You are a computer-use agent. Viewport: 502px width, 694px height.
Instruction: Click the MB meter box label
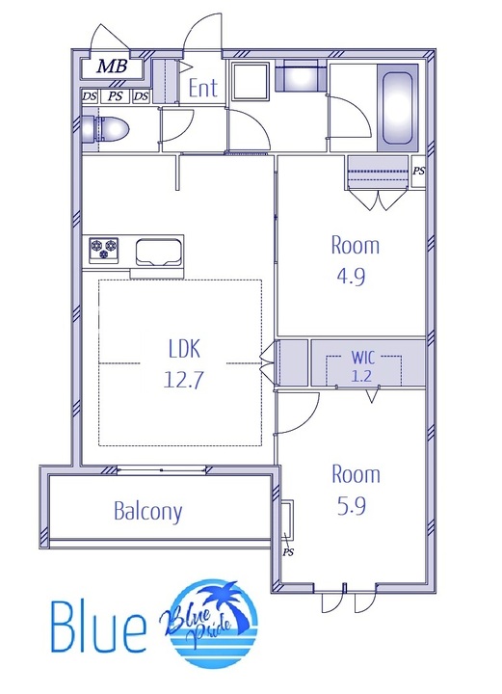pos(113,67)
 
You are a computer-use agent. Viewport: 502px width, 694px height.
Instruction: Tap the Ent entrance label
pos(203,88)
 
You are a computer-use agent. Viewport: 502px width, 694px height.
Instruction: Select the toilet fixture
pos(105,130)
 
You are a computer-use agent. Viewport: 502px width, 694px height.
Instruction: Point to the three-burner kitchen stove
pos(104,249)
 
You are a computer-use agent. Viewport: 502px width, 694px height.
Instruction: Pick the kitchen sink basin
pos(158,253)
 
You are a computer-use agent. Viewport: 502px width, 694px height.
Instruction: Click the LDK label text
pos(184,348)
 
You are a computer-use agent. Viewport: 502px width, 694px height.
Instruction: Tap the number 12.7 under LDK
pos(183,380)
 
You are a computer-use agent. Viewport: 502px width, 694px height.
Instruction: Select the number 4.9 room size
pos(351,277)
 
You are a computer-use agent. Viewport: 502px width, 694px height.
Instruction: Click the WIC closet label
pos(363,358)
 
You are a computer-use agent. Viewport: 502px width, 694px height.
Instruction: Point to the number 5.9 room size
pos(352,506)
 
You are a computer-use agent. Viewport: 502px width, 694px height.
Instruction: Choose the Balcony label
pos(147,511)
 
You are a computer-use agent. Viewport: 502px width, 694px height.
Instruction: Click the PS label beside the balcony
pos(288,552)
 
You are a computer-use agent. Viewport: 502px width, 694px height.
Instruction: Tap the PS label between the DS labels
pos(116,96)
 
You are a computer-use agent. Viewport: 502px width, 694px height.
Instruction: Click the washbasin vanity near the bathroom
pos(301,76)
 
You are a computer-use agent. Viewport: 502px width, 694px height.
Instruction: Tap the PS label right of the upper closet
pos(418,171)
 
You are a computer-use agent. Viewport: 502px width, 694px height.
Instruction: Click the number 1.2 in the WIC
pos(361,376)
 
